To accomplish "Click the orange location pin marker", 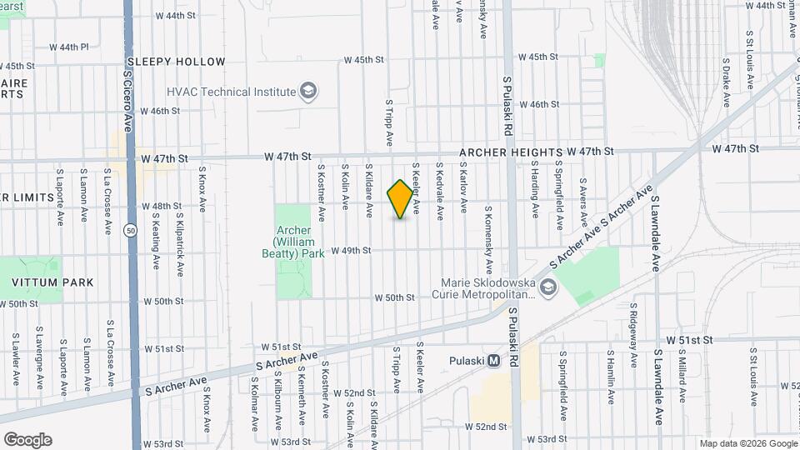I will tap(401, 199).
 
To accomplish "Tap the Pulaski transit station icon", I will tap(494, 361).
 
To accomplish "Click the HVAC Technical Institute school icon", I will tap(308, 91).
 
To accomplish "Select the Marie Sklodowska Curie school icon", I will tap(547, 287).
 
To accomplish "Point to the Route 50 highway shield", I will tap(131, 231).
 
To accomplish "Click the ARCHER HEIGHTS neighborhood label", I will tap(510, 152).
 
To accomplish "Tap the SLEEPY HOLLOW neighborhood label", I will tap(175, 62).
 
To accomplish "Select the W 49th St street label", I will tap(350, 250).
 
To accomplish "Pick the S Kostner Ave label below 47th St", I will tap(321, 186).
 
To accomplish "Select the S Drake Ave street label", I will tap(726, 82).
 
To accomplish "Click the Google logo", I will tap(27, 440).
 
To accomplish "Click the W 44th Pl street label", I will tap(68, 47).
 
